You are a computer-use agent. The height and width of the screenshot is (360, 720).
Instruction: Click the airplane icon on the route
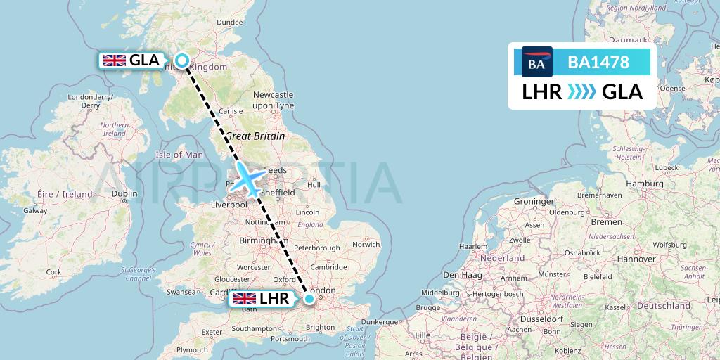point(247,179)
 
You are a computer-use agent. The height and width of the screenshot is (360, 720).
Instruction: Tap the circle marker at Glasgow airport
point(182,60)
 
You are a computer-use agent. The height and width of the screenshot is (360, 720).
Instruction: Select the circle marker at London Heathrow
point(309,299)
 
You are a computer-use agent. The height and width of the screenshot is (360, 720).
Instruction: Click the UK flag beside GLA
point(115,60)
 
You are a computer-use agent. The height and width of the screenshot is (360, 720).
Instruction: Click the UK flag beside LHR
point(245,299)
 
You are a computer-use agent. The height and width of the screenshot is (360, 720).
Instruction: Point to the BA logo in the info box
point(536,63)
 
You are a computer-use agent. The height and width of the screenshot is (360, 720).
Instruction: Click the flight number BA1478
point(598,63)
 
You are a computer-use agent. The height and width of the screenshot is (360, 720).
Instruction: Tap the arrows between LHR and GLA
point(581,92)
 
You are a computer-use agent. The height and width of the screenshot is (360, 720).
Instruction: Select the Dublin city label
point(124,193)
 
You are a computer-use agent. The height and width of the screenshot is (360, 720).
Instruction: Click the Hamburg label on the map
point(639,184)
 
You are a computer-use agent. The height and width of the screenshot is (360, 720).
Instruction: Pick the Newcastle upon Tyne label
point(273,100)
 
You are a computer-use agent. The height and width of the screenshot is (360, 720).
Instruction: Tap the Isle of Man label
point(179,155)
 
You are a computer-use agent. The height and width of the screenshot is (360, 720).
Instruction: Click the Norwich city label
point(366,245)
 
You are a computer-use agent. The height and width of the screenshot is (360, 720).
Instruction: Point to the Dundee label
point(229,22)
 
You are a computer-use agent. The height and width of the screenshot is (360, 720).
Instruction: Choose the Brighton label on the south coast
point(320,328)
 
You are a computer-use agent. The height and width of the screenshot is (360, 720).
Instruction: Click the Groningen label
point(535,201)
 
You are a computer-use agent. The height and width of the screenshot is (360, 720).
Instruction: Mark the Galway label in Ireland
point(35,210)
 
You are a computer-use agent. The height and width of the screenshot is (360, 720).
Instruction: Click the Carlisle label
point(231,111)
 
